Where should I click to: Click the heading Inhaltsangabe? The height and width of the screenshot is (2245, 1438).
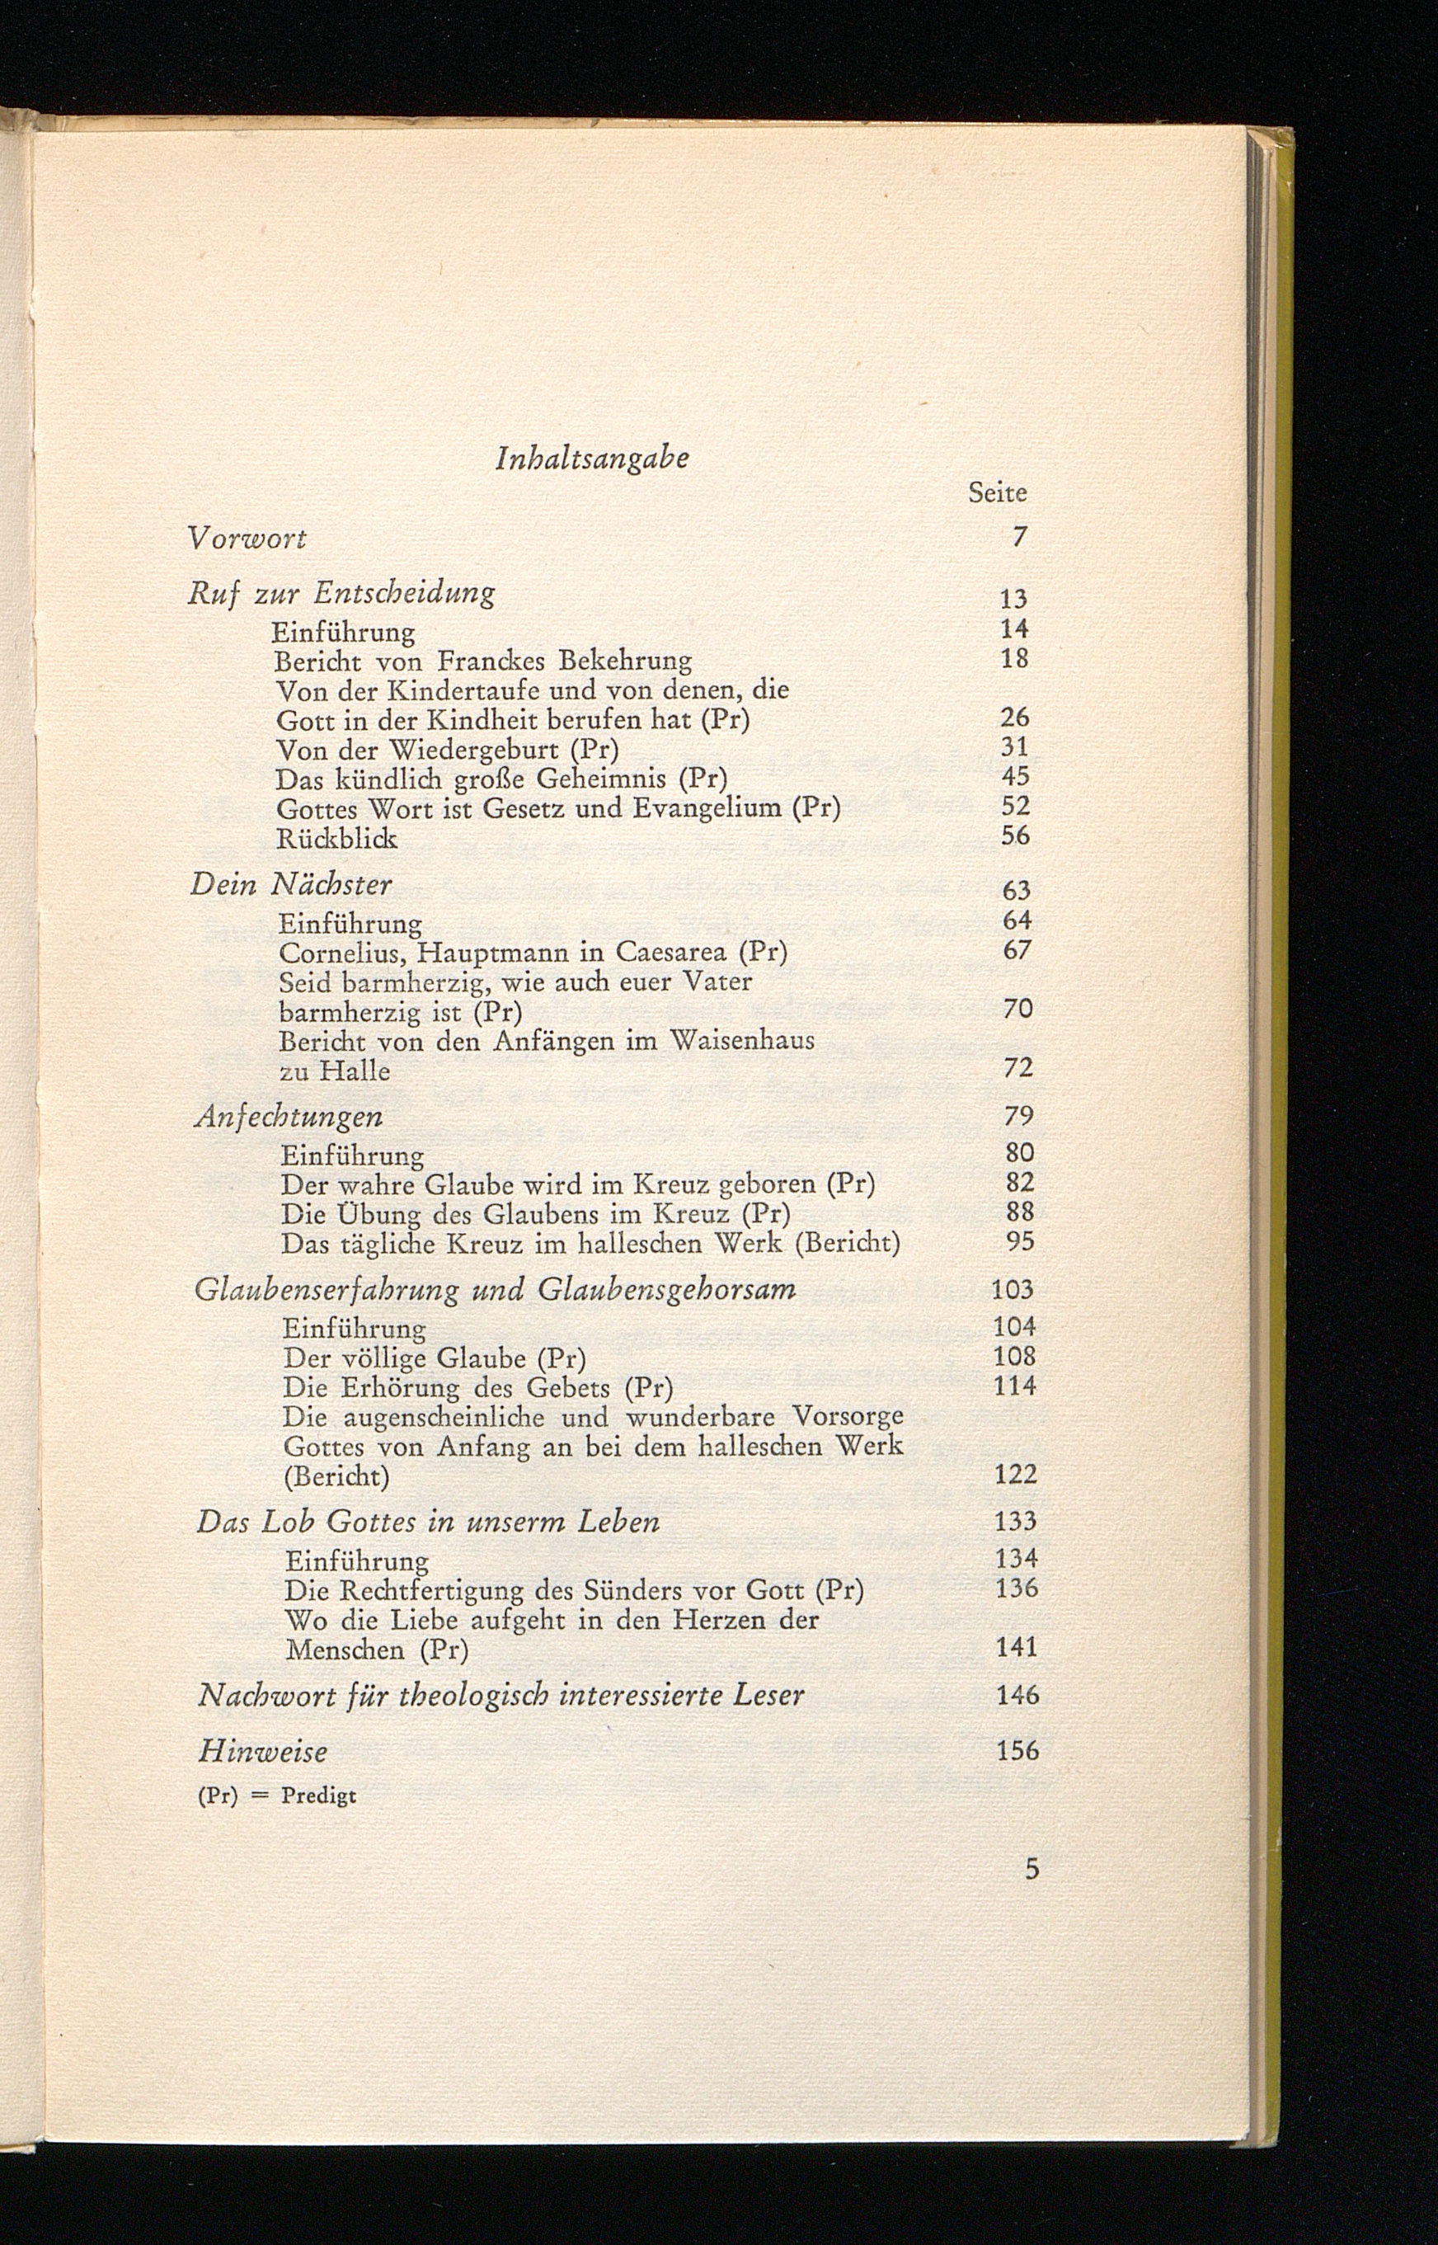[593, 459]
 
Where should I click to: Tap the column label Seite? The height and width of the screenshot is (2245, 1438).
[997, 493]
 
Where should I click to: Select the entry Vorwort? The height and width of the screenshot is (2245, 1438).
[247, 539]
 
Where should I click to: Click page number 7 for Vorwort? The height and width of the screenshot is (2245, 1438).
[1020, 537]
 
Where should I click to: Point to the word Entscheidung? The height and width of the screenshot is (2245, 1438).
[404, 593]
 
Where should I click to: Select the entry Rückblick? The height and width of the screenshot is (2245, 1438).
[337, 839]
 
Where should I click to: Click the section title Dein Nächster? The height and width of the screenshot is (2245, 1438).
[291, 884]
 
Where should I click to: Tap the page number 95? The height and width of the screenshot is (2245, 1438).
[1020, 1242]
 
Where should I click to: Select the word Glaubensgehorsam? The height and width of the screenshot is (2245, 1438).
[667, 1290]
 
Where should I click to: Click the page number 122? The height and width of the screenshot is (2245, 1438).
[1016, 1475]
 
